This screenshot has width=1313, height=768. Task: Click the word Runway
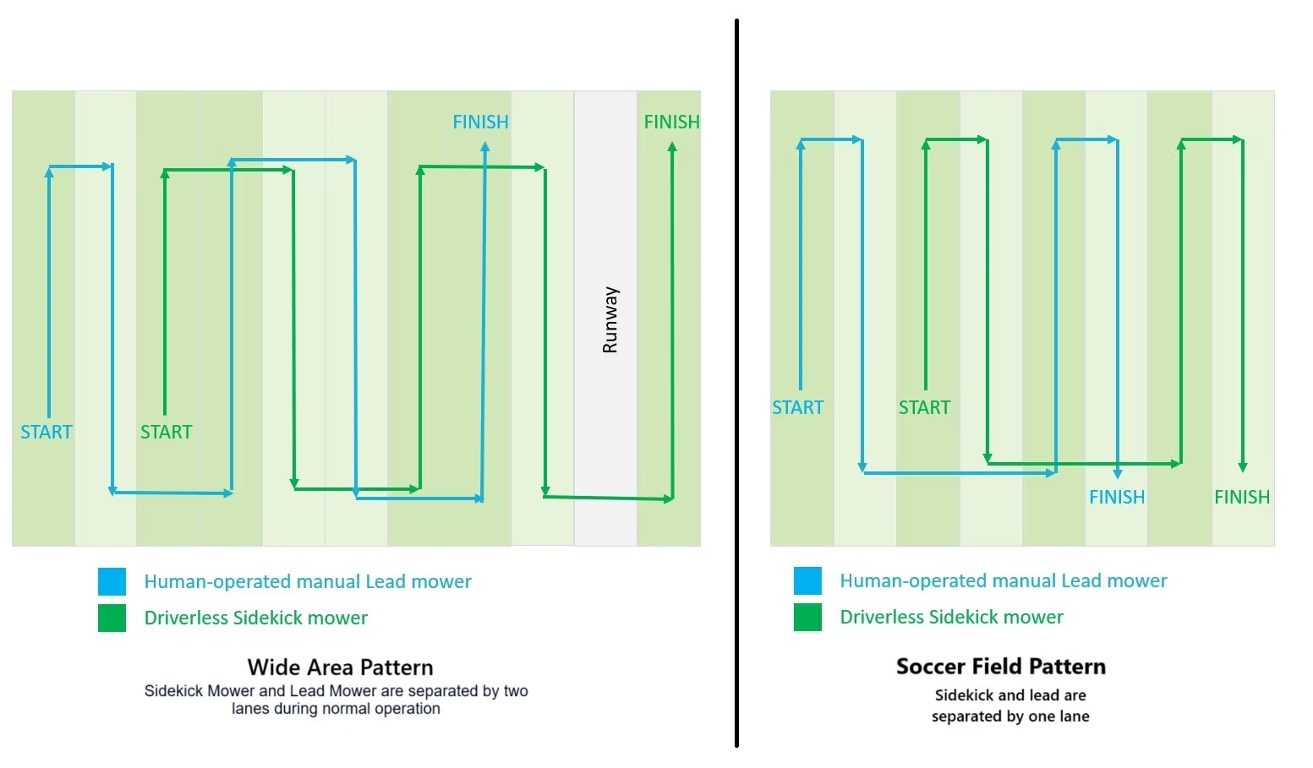pyautogui.click(x=610, y=319)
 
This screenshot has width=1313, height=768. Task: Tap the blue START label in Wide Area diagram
pyautogui.click(x=47, y=432)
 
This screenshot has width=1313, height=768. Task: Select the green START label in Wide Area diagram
pyautogui.click(x=166, y=432)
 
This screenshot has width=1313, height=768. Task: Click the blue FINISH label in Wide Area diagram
pyautogui.click(x=480, y=122)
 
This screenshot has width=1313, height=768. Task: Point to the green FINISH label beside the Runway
pyautogui.click(x=671, y=122)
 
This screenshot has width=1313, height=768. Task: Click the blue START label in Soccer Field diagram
pyautogui.click(x=797, y=407)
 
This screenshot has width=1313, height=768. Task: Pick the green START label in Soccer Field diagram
pyautogui.click(x=924, y=407)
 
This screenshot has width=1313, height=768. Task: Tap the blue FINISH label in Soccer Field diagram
pyautogui.click(x=1116, y=497)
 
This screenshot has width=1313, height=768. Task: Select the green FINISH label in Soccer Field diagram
pyautogui.click(x=1242, y=497)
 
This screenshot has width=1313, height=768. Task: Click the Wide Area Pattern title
pyautogui.click(x=340, y=667)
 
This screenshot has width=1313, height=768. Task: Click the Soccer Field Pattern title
pyautogui.click(x=1000, y=667)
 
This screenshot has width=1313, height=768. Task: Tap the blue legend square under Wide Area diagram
pyautogui.click(x=112, y=581)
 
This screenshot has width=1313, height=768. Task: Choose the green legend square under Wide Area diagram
pyautogui.click(x=112, y=618)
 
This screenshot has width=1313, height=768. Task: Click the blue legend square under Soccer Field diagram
pyautogui.click(x=807, y=580)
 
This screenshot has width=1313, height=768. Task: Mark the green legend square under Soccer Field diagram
pyautogui.click(x=807, y=617)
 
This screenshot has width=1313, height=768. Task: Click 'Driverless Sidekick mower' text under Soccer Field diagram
pyautogui.click(x=951, y=617)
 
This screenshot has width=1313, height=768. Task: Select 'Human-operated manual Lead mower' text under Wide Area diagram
pyautogui.click(x=307, y=581)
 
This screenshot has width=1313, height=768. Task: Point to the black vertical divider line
pyautogui.click(x=736, y=380)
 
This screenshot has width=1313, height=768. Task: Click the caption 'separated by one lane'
pyautogui.click(x=1009, y=716)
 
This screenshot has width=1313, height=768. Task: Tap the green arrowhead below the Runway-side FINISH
pyautogui.click(x=672, y=148)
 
